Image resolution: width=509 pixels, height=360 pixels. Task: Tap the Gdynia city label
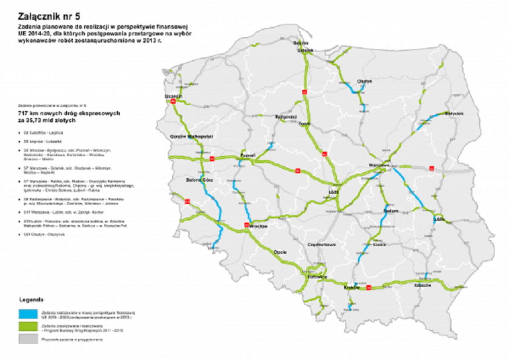[301, 43]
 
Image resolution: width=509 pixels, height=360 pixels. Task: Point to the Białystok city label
[455, 113]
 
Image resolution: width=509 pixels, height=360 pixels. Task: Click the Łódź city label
[334, 192]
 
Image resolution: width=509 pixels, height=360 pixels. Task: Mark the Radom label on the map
[391, 210]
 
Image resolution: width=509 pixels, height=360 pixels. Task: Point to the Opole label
[279, 252]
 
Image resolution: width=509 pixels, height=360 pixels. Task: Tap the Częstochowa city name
[321, 245]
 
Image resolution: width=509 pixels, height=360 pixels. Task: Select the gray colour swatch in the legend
[29, 340]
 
